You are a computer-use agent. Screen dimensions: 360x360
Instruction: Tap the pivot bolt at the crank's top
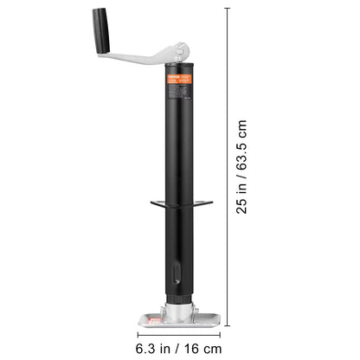pyautogui.click(x=179, y=53)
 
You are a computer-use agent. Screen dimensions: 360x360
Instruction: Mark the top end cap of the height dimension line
pyautogui.click(x=228, y=8)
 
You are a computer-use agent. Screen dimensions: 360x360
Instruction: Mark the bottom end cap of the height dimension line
pyautogui.click(x=228, y=325)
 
